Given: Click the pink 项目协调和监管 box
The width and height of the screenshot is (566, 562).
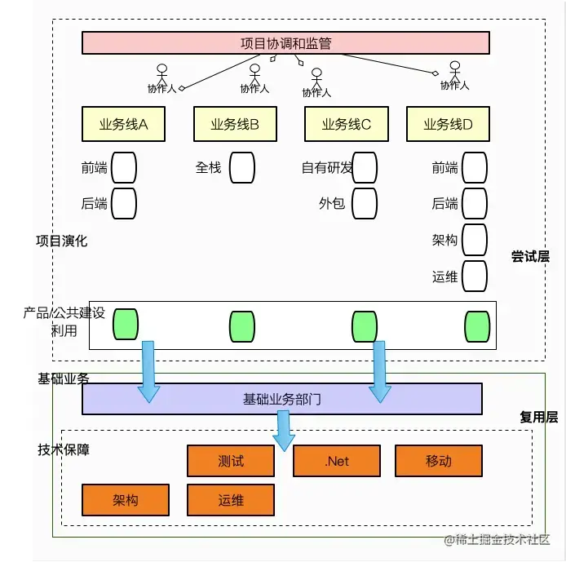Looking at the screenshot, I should (x=285, y=42).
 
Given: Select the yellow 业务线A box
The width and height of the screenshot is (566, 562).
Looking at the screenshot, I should (x=123, y=124).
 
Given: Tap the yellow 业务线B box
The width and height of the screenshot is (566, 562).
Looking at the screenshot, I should (x=235, y=124).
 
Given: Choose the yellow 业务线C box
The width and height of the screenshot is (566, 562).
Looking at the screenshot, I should (x=346, y=124).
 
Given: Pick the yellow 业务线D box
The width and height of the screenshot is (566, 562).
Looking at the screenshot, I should (x=448, y=124).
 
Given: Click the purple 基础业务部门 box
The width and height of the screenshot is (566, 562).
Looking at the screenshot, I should (x=281, y=399).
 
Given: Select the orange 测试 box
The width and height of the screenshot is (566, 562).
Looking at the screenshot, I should (x=231, y=461).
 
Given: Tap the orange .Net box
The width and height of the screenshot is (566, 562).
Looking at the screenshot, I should (x=336, y=461).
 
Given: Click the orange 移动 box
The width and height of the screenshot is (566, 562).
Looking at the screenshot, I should (x=438, y=461).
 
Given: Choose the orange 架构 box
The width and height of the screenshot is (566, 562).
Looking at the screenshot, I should (x=126, y=499).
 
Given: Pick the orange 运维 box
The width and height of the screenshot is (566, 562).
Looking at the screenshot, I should (x=231, y=499).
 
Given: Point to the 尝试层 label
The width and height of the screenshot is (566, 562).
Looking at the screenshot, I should (x=530, y=256).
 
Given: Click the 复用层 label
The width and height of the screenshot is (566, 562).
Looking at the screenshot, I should (x=538, y=417).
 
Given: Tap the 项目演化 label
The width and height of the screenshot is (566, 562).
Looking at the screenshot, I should (x=61, y=241).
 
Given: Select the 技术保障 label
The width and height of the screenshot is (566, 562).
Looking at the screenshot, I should (x=64, y=449).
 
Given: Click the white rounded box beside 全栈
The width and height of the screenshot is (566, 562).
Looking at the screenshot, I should (x=241, y=168).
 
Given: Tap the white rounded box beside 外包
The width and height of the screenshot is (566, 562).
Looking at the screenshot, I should (x=365, y=203).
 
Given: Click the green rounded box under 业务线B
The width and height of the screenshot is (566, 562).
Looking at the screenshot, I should (x=241, y=325).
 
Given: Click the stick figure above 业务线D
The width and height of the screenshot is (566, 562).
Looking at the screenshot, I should (x=455, y=71).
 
